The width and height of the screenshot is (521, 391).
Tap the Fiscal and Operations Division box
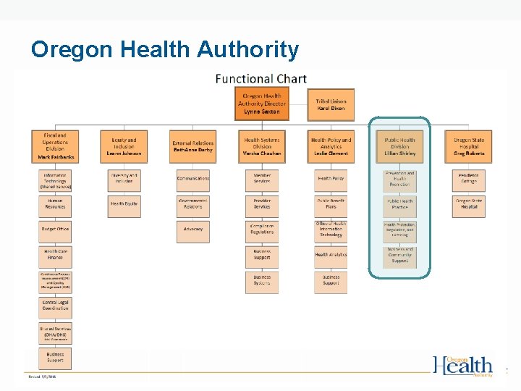coord(55,146)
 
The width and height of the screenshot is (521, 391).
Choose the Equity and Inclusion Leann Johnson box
coord(124,146)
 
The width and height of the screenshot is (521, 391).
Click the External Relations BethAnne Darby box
coord(192,146)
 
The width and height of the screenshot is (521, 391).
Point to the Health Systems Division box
coord(262,146)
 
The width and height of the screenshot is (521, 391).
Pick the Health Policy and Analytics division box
coord(331,146)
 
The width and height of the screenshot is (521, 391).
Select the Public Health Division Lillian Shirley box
coord(400,146)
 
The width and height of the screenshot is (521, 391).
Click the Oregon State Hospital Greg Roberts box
coord(469,146)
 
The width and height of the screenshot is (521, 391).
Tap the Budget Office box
coord(55,230)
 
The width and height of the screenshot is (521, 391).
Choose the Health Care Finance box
coord(55,255)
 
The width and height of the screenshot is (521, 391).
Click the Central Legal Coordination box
coord(55,306)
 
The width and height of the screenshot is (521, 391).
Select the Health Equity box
coord(124,204)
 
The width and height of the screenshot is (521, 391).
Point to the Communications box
coord(192,178)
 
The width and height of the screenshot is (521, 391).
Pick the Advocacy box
coord(192,230)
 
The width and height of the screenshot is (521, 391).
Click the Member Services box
coord(262,178)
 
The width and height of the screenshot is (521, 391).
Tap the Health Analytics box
coord(331,255)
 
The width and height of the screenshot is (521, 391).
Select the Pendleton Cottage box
coord(469,178)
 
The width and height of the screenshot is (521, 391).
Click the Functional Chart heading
coord(260,79)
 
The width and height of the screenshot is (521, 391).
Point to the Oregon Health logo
coord(464,366)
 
